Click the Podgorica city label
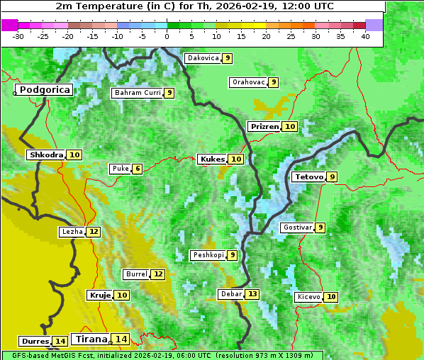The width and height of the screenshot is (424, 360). pos(45,90)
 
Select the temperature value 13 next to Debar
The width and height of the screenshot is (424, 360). pos(252,294)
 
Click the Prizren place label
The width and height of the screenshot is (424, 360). pos(264,127)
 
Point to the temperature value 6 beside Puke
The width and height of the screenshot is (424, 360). pos(137,169)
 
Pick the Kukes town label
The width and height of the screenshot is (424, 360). pos(212,159)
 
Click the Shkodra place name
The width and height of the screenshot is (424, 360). pos(46,154)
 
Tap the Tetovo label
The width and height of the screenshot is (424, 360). pos(308,176)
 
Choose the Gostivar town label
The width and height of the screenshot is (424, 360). pos(296,227)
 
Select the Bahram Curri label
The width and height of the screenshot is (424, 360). pos(138,93)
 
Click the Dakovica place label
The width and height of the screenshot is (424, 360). pos(202,58)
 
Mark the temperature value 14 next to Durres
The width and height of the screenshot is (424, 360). pos(60,342)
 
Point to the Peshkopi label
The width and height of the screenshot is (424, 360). pos(208,255)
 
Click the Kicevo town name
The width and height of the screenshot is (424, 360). pos(309,297)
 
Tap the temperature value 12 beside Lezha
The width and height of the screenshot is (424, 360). pos(94,232)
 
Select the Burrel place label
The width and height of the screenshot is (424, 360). pos(135,274)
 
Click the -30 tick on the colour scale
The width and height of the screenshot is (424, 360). pos(18,36)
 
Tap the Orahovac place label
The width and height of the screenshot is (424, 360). pos(248,82)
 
